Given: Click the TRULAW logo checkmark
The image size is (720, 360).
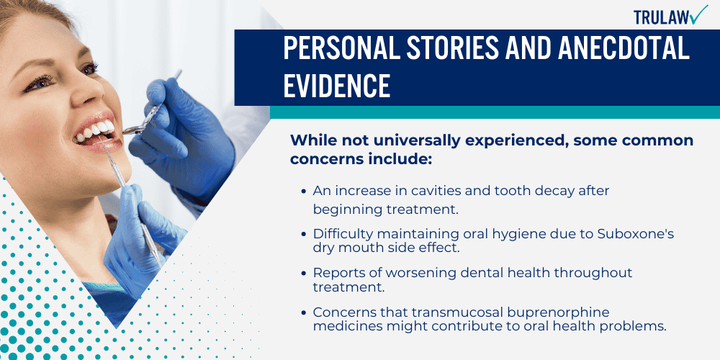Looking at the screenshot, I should coord(697,14).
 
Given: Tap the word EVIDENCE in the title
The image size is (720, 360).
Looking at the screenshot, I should coord(336,85).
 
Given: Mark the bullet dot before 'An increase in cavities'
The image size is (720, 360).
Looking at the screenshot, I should coord(302,192).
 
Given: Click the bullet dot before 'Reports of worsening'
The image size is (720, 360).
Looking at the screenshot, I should coord(302,274).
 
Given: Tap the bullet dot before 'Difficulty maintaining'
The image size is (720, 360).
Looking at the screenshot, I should coord(302,234).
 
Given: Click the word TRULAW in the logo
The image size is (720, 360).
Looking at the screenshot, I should coord(660,16).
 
